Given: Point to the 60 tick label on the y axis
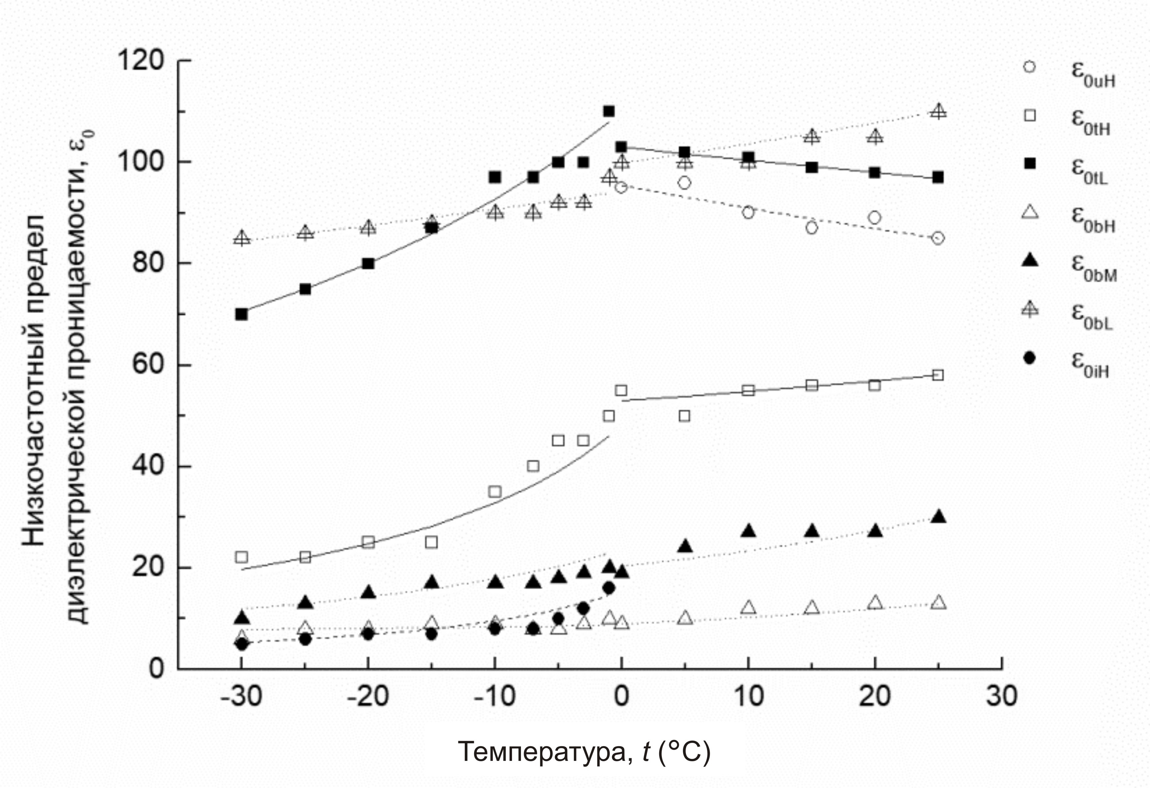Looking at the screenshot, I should point(148,365).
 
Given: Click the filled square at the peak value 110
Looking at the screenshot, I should point(609,111).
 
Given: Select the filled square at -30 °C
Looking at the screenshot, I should point(242,314).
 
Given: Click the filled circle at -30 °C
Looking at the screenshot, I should point(242,644).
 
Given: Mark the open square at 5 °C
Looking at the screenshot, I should point(684,416).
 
